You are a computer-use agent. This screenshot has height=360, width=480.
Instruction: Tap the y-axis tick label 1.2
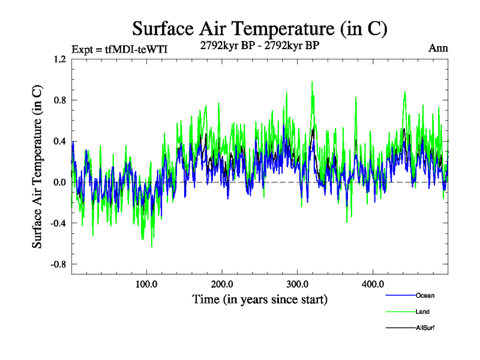click(x=59, y=60)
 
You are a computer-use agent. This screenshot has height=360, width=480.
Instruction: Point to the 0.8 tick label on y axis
click(x=59, y=101)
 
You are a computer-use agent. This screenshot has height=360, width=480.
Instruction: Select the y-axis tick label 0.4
click(x=59, y=142)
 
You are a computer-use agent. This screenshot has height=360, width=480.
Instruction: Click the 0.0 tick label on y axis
click(x=59, y=182)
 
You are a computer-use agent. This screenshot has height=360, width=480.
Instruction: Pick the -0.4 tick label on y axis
click(x=58, y=223)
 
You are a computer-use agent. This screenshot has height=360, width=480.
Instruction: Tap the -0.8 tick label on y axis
click(x=58, y=264)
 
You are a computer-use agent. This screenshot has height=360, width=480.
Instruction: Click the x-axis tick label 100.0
click(x=146, y=284)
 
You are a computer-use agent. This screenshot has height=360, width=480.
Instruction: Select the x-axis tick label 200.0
click(x=222, y=284)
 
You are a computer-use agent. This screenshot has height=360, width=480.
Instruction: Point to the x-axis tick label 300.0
click(x=298, y=284)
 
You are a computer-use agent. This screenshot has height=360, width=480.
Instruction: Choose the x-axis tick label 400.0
click(x=373, y=284)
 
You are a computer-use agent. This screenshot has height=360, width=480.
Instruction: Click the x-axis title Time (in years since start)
click(x=260, y=298)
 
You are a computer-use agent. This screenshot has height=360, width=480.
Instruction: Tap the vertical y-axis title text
click(x=37, y=166)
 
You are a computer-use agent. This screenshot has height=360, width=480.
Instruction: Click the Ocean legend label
click(x=424, y=295)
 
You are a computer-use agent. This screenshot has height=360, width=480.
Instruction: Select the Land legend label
click(x=422, y=311)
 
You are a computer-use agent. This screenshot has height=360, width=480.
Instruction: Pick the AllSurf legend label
click(x=425, y=328)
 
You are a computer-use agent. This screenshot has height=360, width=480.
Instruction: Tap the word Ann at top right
click(x=438, y=48)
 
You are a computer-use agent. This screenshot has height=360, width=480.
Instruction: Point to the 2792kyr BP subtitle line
click(x=260, y=44)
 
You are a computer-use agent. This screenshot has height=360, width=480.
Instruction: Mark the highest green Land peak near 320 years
click(x=313, y=82)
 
